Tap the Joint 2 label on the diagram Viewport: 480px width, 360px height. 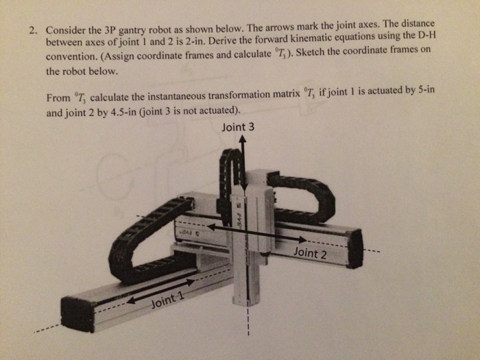(x=309, y=253)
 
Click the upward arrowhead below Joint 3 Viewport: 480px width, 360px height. (x=242, y=139)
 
